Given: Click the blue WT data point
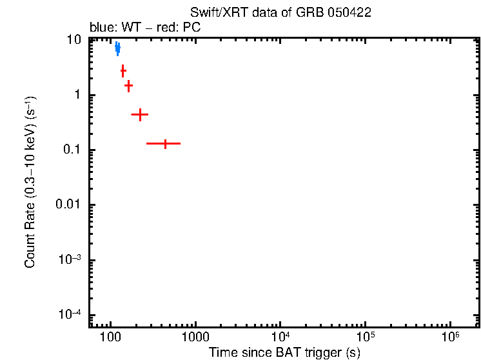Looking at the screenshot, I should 117,48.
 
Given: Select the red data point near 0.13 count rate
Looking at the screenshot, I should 165,143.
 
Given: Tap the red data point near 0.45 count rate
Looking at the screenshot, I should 139,114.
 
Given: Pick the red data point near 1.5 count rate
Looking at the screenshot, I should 128,85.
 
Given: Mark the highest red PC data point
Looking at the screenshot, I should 123,70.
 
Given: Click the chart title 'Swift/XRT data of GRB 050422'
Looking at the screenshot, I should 280,13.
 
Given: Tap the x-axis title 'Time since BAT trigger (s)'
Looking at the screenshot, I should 284,353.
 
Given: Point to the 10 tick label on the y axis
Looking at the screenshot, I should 75,40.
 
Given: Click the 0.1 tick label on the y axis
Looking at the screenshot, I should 73,150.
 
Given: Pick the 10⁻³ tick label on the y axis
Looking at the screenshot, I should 70,259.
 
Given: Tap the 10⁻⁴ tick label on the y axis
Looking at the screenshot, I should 70,315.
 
